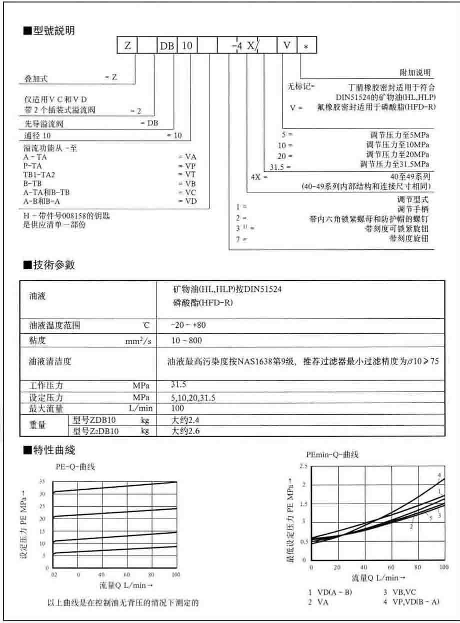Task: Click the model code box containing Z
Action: click(127, 45)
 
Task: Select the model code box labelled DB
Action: click(167, 45)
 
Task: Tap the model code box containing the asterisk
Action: click(306, 45)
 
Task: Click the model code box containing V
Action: click(286, 45)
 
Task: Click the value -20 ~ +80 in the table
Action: click(188, 325)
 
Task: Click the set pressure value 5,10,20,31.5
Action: click(196, 398)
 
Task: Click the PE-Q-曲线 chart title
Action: click(75, 467)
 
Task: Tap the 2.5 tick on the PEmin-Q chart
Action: click(303, 466)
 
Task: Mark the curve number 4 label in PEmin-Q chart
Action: click(439, 475)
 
